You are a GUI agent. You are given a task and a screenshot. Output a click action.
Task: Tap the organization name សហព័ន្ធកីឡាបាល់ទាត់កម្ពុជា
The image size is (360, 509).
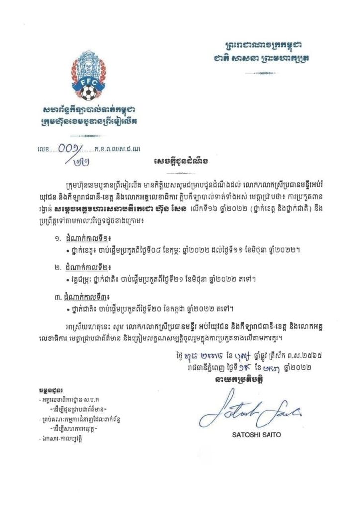point(88,110)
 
